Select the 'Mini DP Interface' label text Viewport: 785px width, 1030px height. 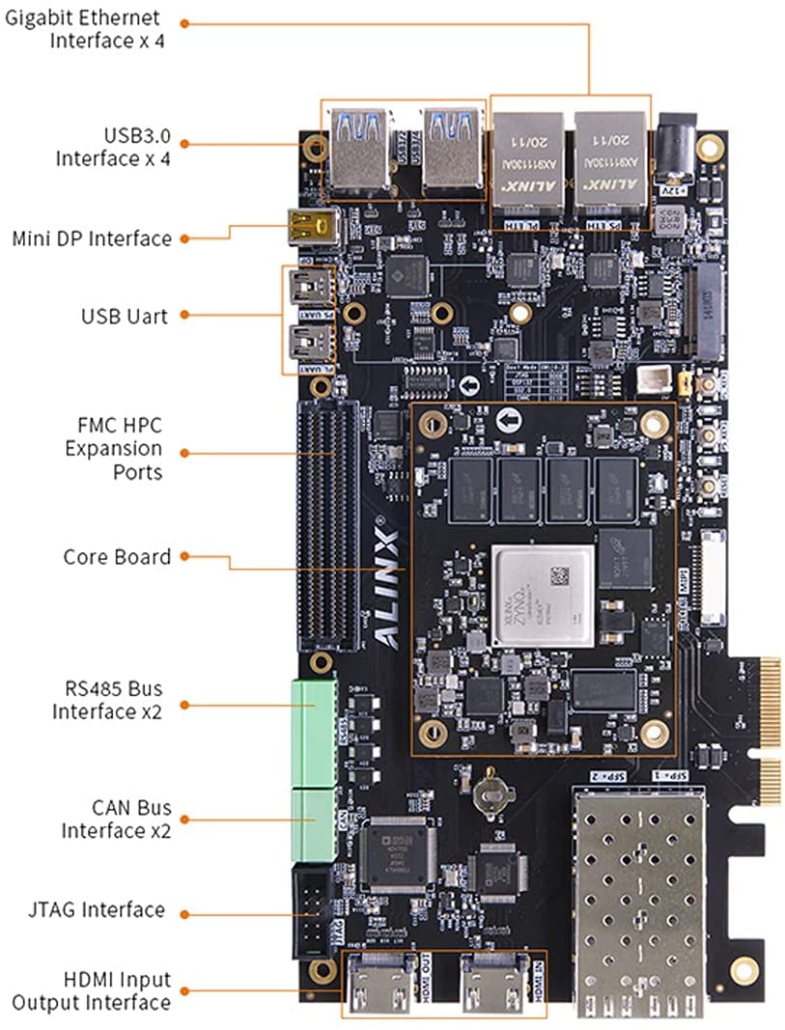(x=91, y=238)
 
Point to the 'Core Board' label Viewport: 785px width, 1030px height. (x=117, y=557)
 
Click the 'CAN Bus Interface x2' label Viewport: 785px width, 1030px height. (x=111, y=819)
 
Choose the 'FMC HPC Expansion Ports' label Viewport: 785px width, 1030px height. (x=113, y=448)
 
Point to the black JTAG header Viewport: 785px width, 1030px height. (x=315, y=910)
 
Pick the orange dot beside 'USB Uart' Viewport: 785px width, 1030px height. (x=183, y=316)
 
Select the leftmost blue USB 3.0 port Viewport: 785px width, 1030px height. (x=357, y=148)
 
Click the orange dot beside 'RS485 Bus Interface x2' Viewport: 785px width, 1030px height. (x=183, y=703)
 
